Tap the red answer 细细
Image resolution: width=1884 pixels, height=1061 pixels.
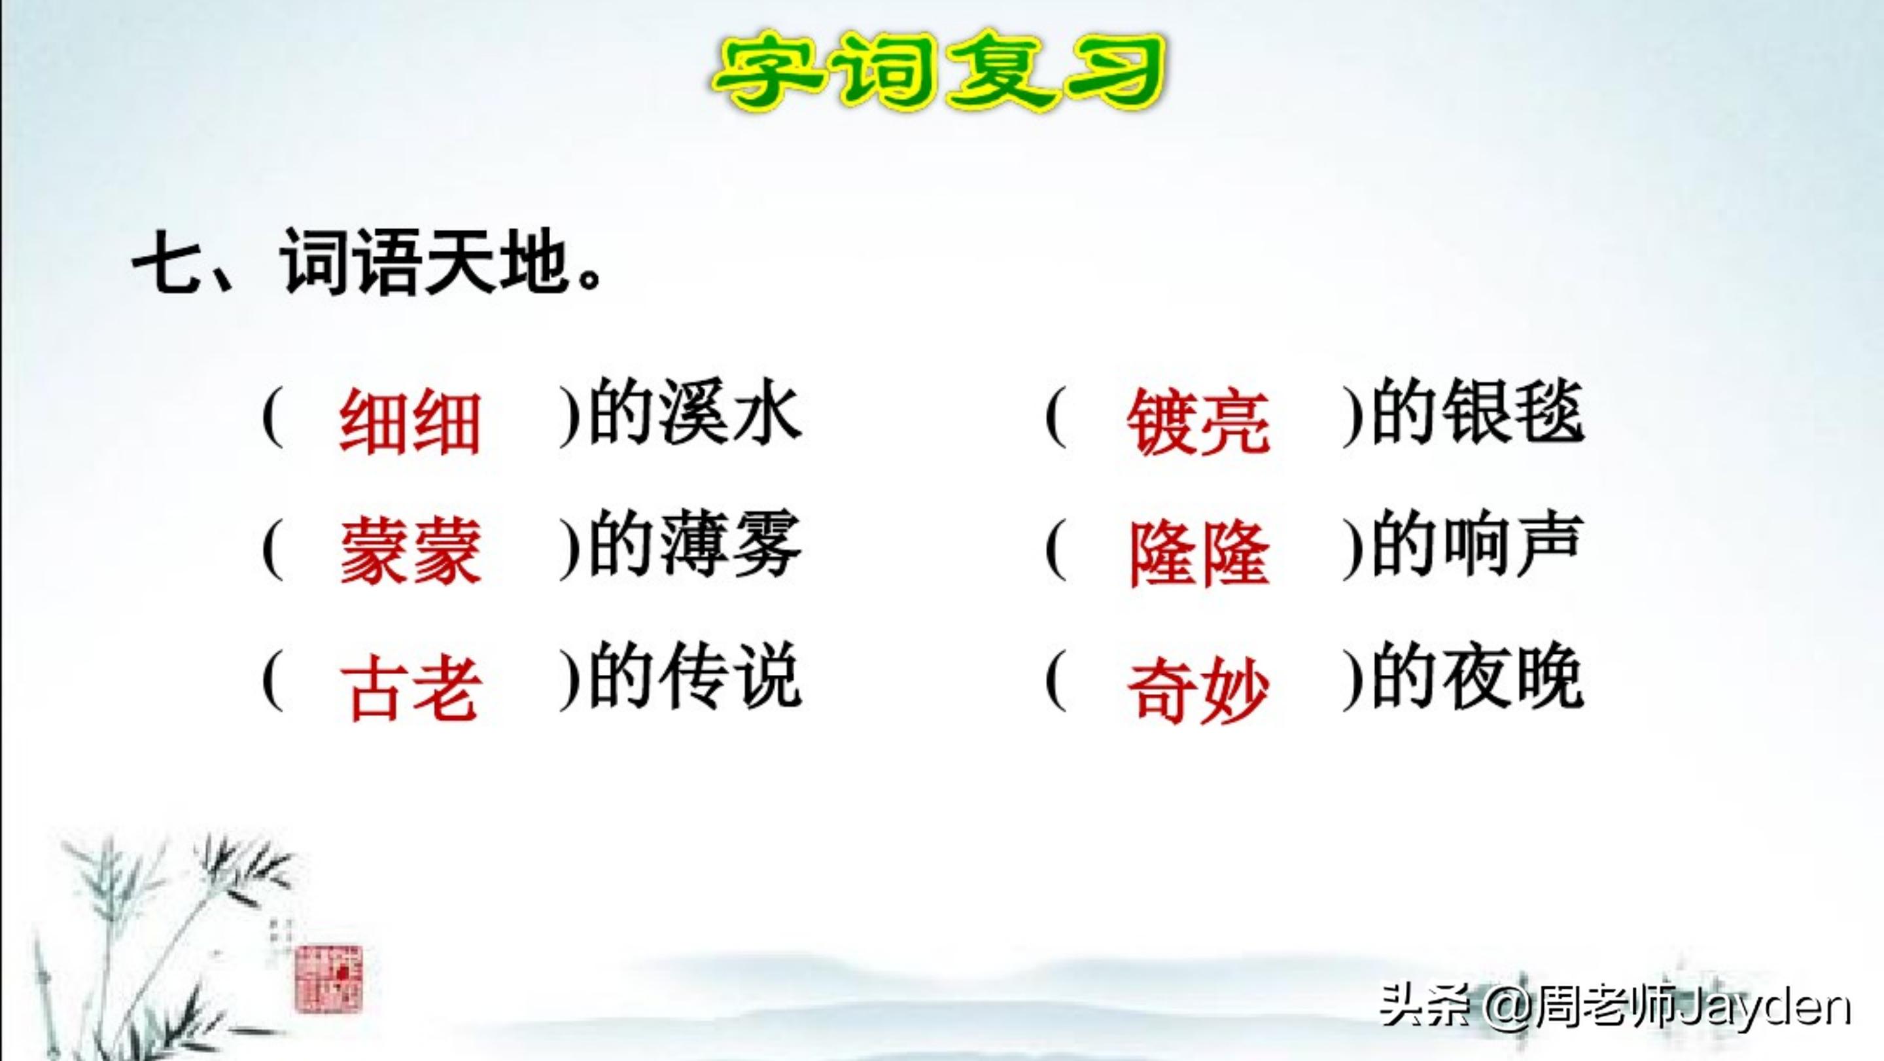(x=410, y=423)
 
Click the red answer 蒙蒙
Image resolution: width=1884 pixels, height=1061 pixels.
(x=410, y=552)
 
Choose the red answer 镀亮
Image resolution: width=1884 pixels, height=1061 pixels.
(x=1198, y=423)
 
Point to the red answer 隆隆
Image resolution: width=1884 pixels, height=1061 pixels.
(x=1198, y=554)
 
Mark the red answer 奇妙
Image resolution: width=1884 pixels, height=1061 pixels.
(x=1198, y=689)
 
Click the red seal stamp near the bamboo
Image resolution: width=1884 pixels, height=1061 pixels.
(x=328, y=979)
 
